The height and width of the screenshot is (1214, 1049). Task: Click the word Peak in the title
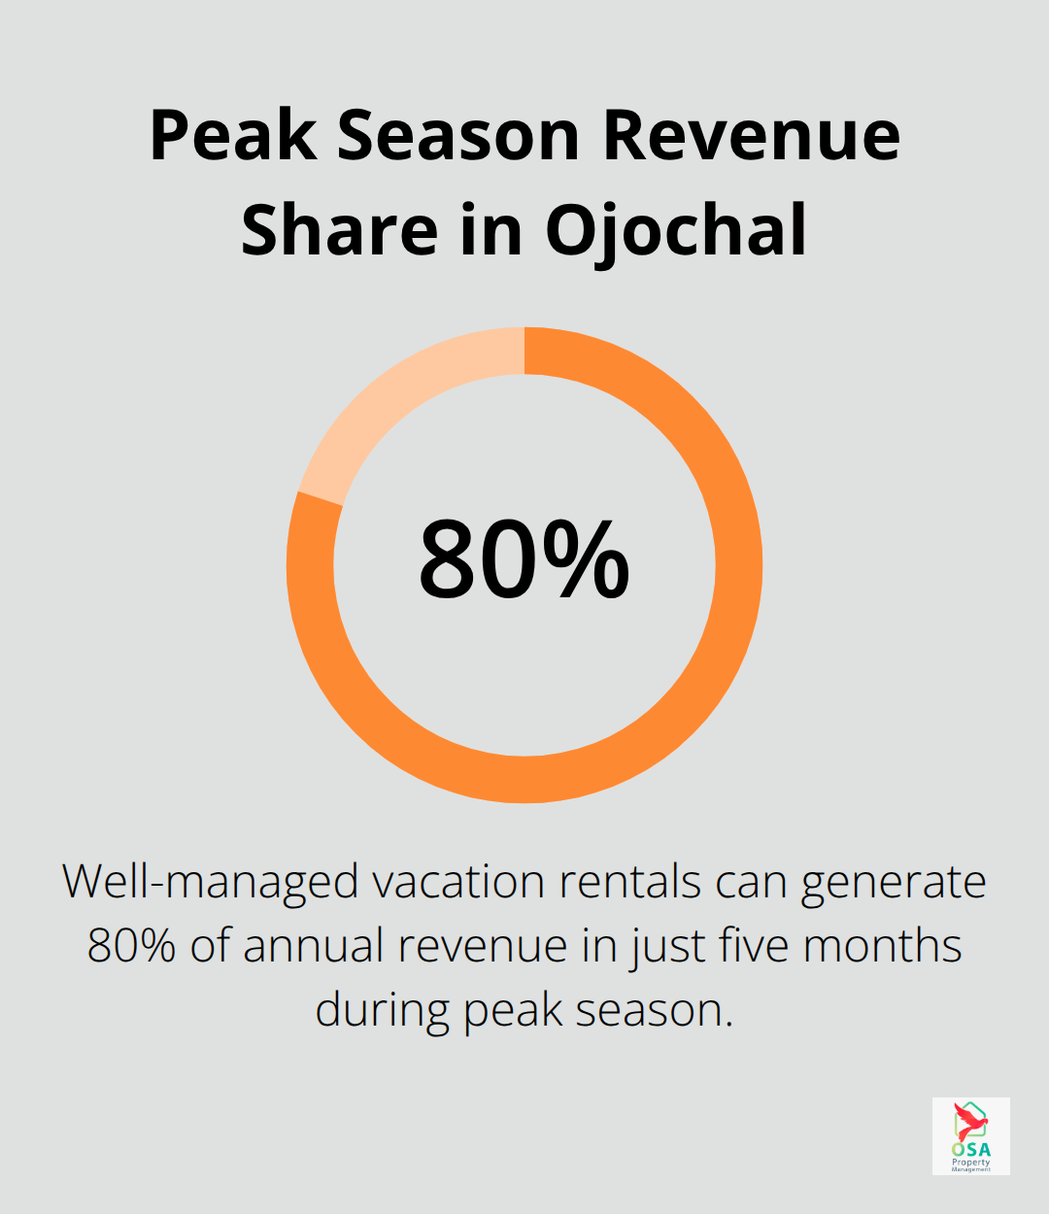click(x=232, y=135)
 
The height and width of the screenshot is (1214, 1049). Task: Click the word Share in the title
click(x=339, y=230)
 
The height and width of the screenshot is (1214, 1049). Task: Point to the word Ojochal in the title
click(x=676, y=232)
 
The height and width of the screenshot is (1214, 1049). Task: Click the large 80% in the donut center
click(x=524, y=561)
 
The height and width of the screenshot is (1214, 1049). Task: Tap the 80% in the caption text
click(x=131, y=946)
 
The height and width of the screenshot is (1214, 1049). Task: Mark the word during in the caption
click(x=382, y=1010)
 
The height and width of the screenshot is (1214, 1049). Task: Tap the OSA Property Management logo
click(x=970, y=1136)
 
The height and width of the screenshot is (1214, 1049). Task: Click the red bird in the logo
click(x=968, y=1121)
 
